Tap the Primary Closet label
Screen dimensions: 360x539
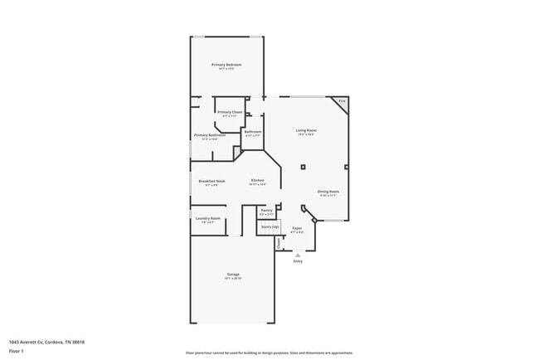(x=230, y=112)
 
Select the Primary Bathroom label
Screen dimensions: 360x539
(x=210, y=135)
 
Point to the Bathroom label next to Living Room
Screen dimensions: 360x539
(x=253, y=132)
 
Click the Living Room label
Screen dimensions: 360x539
(x=307, y=130)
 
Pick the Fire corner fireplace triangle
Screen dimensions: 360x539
(x=341, y=102)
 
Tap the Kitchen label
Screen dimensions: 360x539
(x=258, y=181)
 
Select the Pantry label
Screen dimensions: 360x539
(x=266, y=211)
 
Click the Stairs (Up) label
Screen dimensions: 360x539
(x=269, y=226)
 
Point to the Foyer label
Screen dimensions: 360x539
(x=297, y=228)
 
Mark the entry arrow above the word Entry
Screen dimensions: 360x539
(x=298, y=255)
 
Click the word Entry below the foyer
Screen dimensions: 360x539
(x=298, y=261)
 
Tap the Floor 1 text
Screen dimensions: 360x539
(x=17, y=351)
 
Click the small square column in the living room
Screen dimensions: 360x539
(x=303, y=167)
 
